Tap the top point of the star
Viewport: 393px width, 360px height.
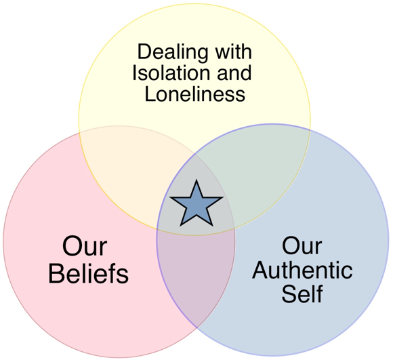pos(196,180)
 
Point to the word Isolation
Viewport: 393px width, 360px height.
pos(171,73)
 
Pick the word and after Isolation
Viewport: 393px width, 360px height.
pos(234,73)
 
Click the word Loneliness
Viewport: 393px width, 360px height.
pos(195,94)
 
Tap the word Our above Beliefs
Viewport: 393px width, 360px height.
pos(85,246)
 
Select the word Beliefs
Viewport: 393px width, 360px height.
pos(88,273)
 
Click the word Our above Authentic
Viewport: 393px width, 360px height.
pos(302,245)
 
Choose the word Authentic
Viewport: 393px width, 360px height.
pos(302,270)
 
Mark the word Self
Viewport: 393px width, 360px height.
pos(302,294)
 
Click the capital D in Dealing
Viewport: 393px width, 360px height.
pos(144,52)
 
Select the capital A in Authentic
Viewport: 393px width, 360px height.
pos(261,270)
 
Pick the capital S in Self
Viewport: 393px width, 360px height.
pos(289,294)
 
